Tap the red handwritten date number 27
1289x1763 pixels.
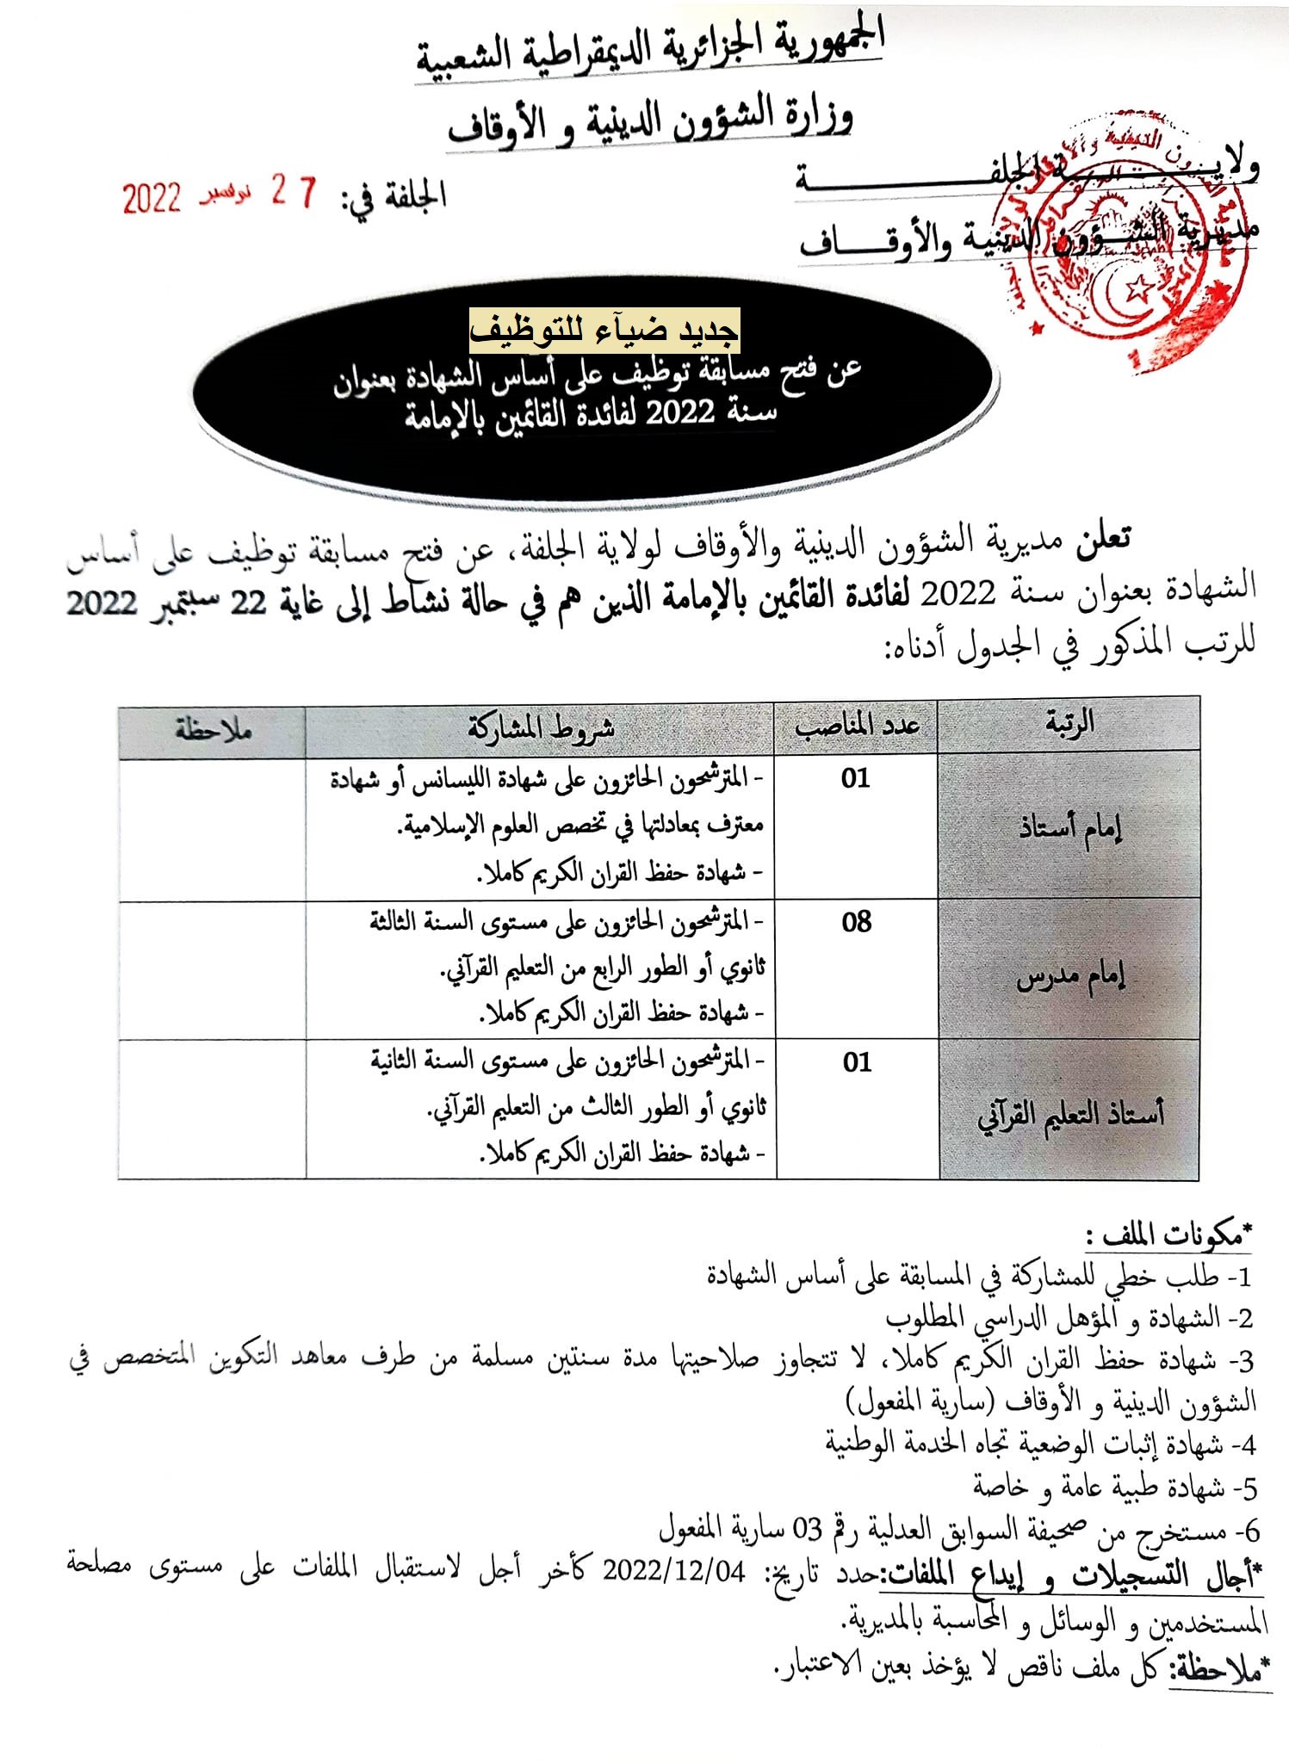(294, 190)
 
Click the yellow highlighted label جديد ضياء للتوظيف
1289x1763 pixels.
(604, 330)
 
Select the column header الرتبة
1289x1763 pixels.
(1069, 724)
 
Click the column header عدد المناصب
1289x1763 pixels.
(856, 726)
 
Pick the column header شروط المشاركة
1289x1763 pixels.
(541, 728)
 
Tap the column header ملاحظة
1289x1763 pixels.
(213, 730)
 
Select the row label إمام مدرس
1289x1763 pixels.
(1070, 977)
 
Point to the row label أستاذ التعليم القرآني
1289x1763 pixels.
(1069, 1115)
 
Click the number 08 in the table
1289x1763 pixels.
(857, 923)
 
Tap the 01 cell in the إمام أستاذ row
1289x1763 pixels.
(856, 779)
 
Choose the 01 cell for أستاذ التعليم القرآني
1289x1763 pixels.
(857, 1062)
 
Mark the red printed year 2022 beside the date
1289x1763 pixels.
(152, 199)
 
